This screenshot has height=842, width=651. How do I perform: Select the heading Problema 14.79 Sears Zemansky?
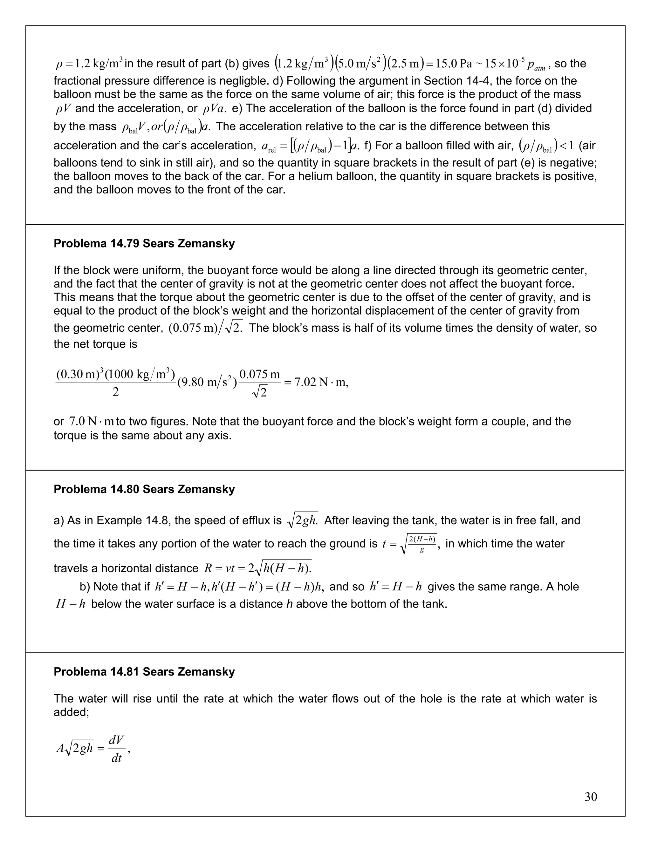(144, 244)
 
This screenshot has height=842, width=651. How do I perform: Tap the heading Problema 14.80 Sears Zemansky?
(144, 489)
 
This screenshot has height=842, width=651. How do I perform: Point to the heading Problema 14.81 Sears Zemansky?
(144, 672)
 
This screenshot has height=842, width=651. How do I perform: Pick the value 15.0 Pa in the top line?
(454, 64)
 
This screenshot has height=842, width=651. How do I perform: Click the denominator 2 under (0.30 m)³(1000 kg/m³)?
(115, 392)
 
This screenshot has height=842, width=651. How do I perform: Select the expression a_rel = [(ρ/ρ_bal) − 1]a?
(311, 146)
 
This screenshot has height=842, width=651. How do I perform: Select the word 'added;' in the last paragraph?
(71, 712)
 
